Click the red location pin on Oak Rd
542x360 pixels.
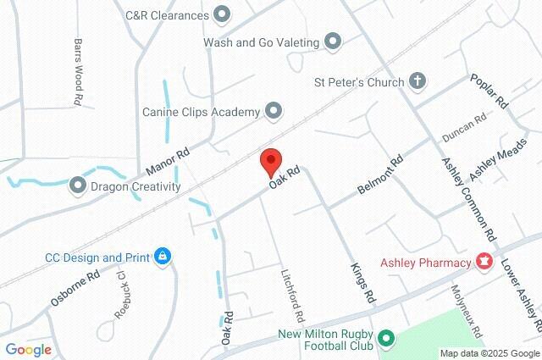[x=269, y=160]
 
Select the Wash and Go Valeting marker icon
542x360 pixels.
[x=333, y=41]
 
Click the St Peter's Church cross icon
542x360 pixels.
[x=416, y=81]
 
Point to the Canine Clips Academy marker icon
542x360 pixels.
[x=273, y=109]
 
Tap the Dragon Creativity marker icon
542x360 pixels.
[x=78, y=185]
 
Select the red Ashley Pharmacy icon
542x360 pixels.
[x=484, y=263]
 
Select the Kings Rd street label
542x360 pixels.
[x=362, y=283]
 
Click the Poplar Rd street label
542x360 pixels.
[x=489, y=91]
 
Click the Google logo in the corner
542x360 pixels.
[x=28, y=349]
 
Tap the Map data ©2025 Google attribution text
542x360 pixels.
[x=489, y=353]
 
